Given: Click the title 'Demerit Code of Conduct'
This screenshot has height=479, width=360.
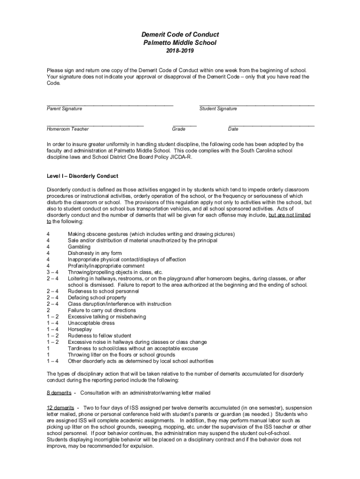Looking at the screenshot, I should coord(180,35).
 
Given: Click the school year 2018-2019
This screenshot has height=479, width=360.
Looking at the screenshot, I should coord(180,51).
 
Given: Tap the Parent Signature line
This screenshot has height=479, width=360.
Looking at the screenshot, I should coord(110,104).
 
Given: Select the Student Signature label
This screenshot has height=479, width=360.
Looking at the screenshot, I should coord(218,109).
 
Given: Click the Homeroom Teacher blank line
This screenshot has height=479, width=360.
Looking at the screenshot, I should coord(95,125).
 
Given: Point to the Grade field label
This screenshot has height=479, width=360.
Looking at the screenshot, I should coord(179,129).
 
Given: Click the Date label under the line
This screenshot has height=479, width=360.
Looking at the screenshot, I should coord(233,129).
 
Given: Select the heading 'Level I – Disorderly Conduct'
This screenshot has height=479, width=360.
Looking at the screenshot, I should coord(82,176).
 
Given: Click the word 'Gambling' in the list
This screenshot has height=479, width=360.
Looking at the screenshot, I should coord(79,247).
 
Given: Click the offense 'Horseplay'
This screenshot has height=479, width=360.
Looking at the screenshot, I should coord(80,329).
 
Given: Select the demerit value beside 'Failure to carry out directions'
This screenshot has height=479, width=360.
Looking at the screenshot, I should coord(48,310).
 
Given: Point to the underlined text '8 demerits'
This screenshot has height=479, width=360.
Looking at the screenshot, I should coord(59,392).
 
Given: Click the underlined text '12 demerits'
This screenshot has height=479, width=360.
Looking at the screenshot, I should coord(60,408).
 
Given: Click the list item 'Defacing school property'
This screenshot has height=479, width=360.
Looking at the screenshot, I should coord(97,298).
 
